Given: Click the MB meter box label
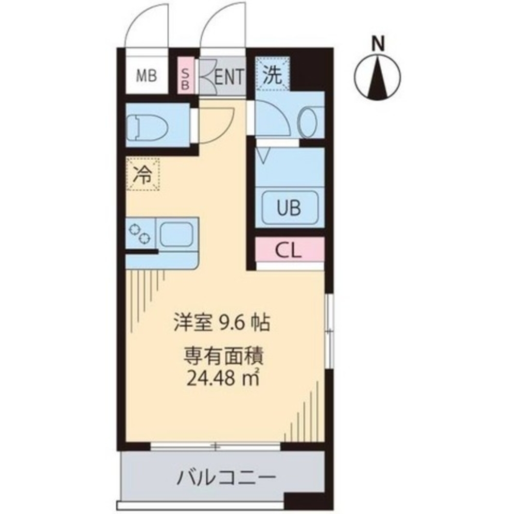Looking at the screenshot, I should [146, 77].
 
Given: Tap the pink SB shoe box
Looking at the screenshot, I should [185, 77].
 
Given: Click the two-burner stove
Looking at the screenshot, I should [141, 234].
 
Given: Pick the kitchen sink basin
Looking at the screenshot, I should [176, 234].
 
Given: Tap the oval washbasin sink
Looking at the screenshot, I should [310, 122].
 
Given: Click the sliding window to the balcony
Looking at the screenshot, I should [216, 446].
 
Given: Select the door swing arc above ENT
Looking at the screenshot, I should [224, 28].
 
